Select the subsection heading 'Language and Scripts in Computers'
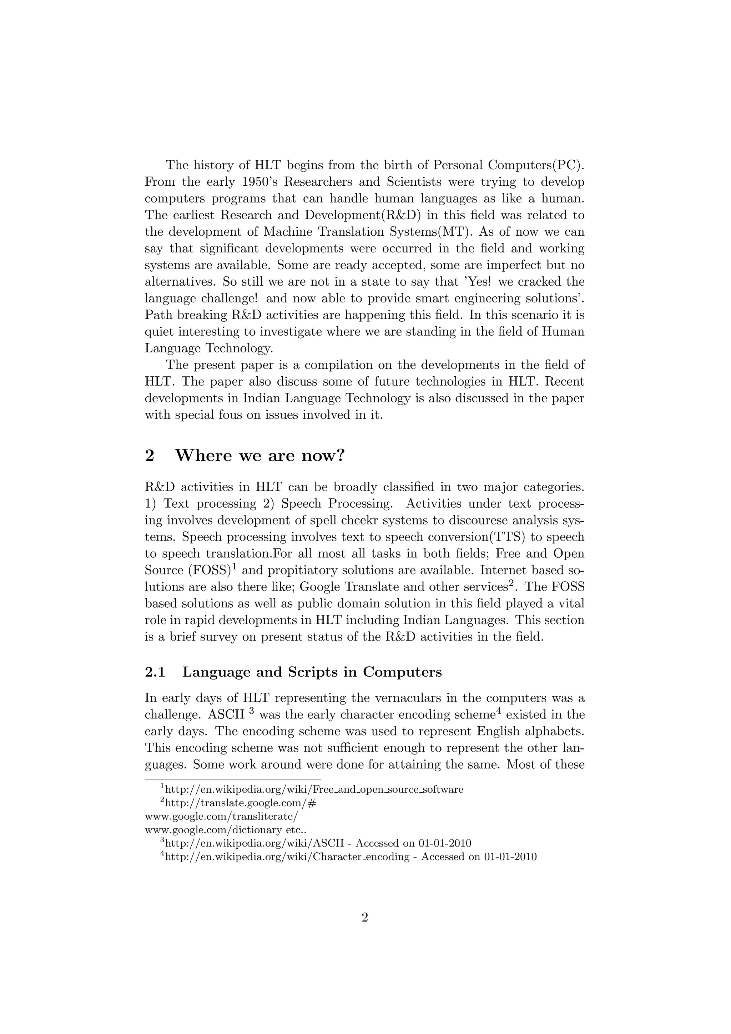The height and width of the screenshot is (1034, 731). tap(312, 672)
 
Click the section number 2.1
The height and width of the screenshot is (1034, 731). tap(155, 672)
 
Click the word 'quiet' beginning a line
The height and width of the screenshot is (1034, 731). tap(158, 332)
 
